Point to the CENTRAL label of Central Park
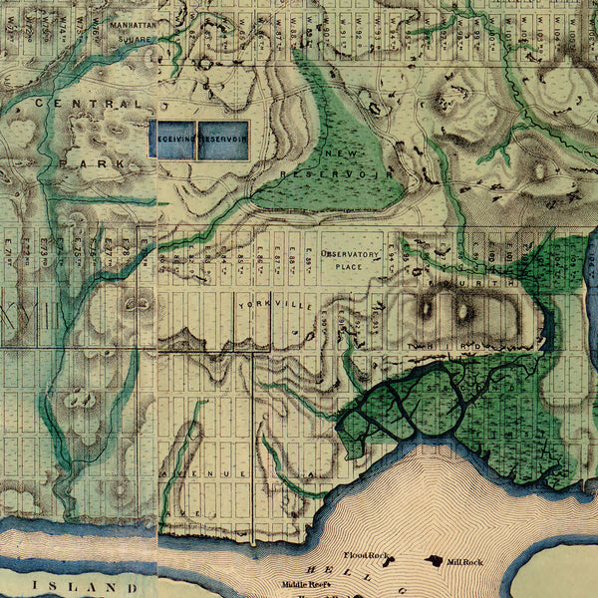coord(87,103)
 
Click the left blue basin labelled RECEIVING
coord(171,140)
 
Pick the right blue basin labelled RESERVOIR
coord(222,140)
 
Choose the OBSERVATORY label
coord(350,255)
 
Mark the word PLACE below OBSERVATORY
coord(349,266)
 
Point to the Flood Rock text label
coord(364,555)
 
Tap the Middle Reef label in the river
coord(305,585)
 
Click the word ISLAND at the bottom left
coord(85,587)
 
